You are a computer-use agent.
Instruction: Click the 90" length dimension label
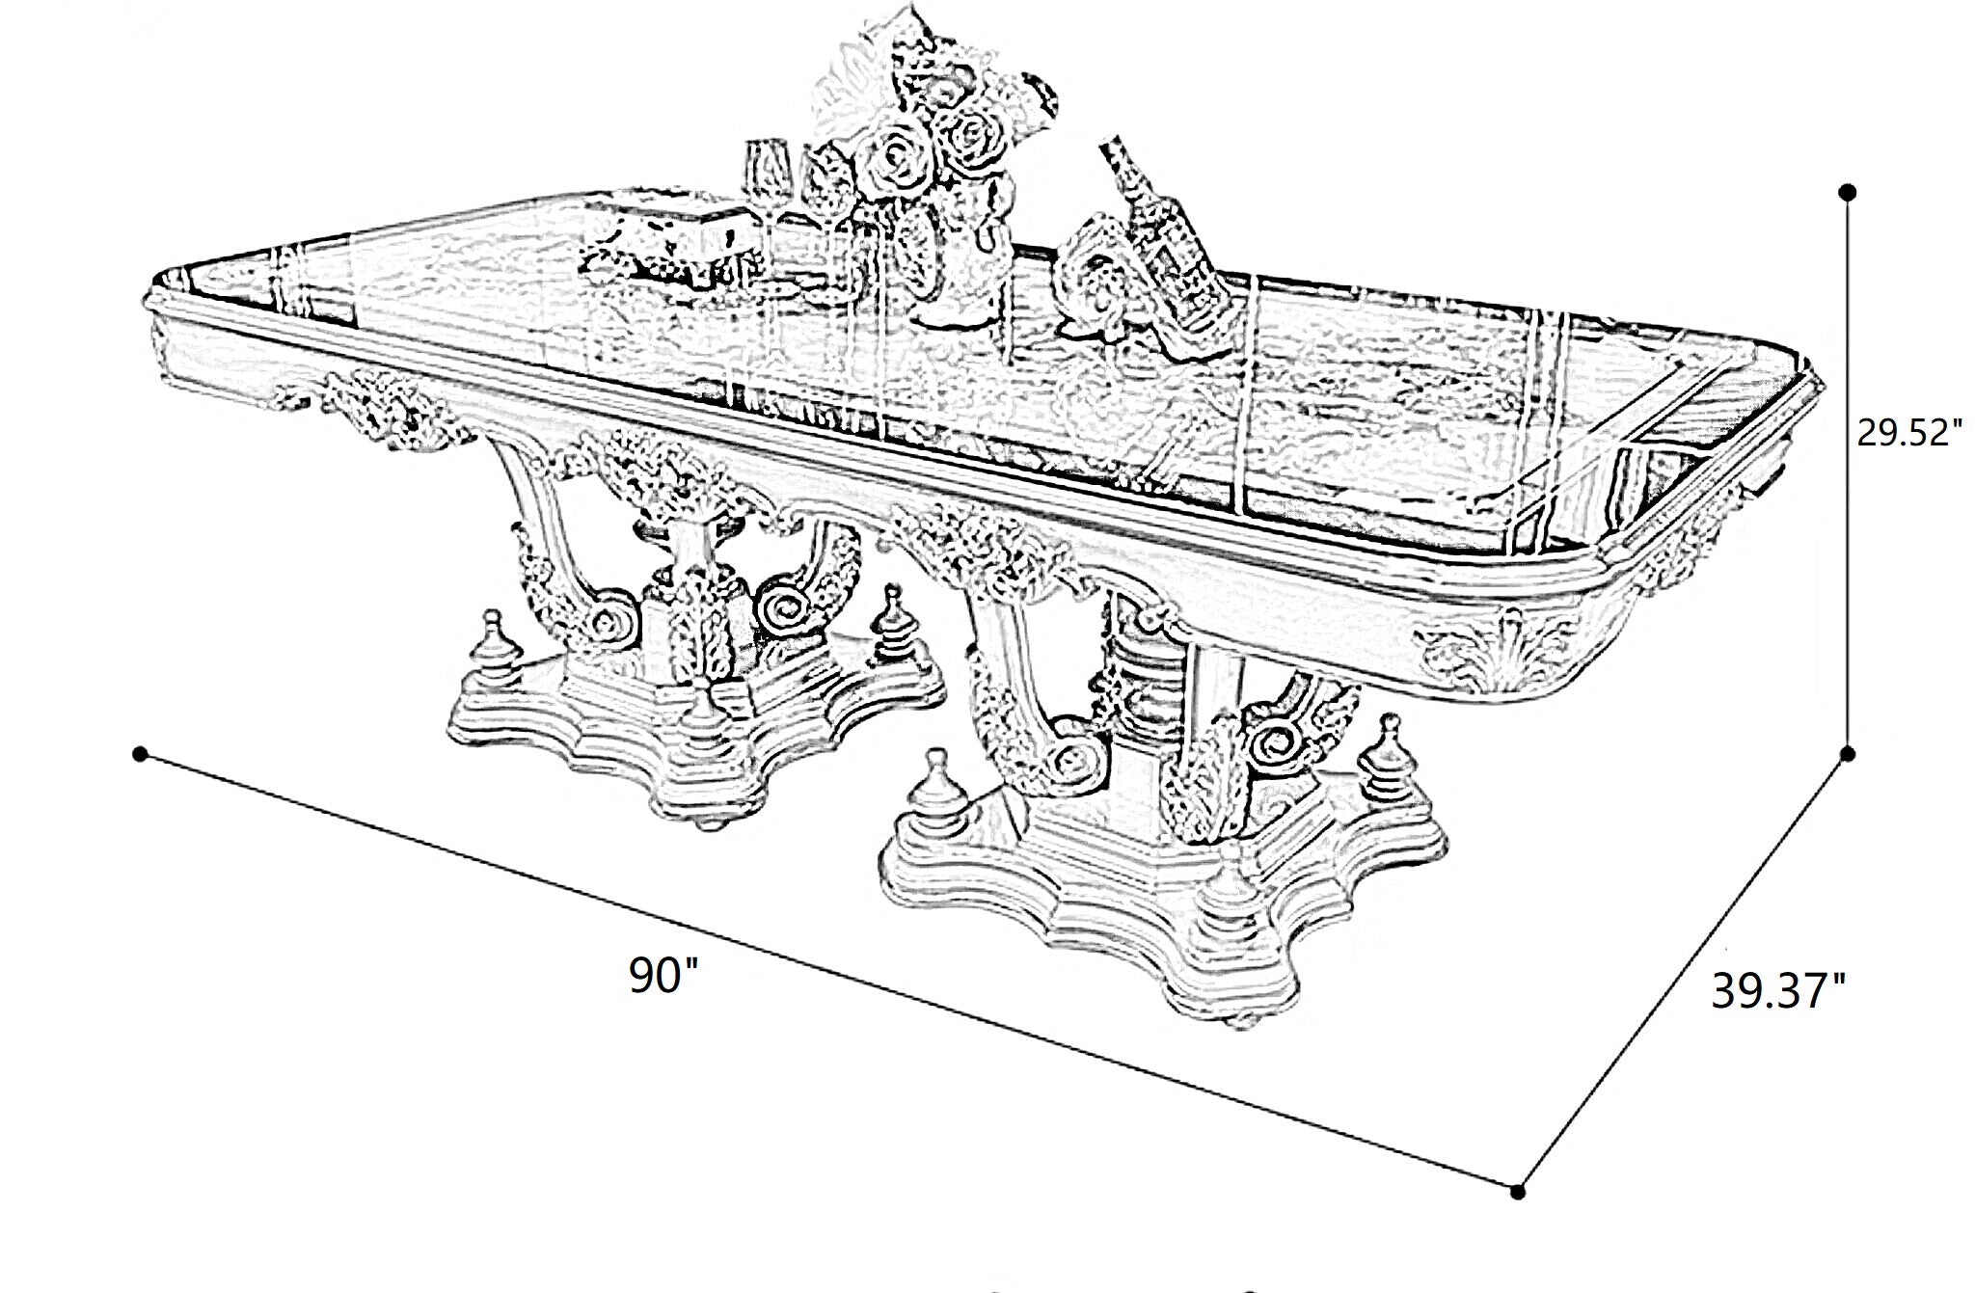point(664,976)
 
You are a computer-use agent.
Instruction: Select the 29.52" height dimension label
point(1909,434)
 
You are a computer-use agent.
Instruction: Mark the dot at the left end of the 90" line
point(141,753)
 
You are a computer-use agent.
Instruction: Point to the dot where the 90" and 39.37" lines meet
point(1518,1193)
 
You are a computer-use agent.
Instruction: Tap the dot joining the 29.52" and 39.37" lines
point(1848,753)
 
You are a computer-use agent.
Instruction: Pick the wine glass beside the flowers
point(767,207)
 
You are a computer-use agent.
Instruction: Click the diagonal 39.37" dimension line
point(1683,973)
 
